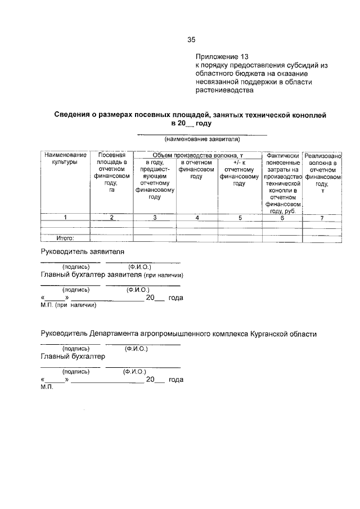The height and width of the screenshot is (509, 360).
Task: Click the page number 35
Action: pos(191,39)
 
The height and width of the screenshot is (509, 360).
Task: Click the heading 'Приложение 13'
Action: pos(221,57)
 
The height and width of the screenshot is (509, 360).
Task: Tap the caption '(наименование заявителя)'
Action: pos(202,139)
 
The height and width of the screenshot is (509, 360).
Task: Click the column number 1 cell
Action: pos(65,217)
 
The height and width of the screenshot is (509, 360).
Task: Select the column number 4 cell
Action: pos(196,217)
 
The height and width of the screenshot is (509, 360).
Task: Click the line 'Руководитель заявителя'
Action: pos(82,251)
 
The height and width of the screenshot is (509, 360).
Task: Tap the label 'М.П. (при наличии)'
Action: pos(68,305)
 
